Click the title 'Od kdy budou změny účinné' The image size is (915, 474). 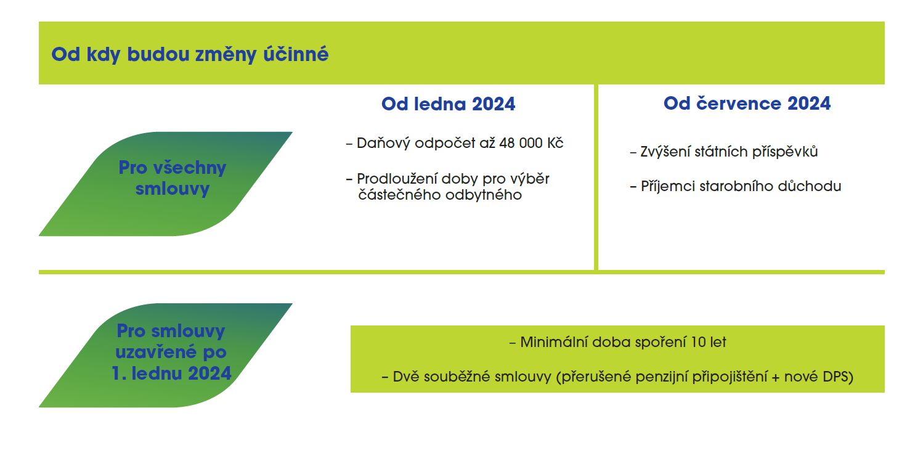point(190,55)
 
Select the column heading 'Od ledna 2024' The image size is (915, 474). point(448,104)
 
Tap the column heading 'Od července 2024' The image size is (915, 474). point(747,104)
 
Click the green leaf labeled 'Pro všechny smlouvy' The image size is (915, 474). point(165,184)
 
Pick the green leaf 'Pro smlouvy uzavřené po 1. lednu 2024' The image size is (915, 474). point(165,355)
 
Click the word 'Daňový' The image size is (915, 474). point(383,144)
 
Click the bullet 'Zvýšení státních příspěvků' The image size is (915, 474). point(724,152)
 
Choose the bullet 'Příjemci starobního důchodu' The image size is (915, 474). point(736,186)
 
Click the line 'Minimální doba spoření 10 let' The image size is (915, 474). point(617,342)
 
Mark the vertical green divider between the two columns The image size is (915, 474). point(596,177)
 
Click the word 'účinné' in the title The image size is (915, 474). point(296,55)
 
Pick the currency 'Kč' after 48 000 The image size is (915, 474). point(555,143)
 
